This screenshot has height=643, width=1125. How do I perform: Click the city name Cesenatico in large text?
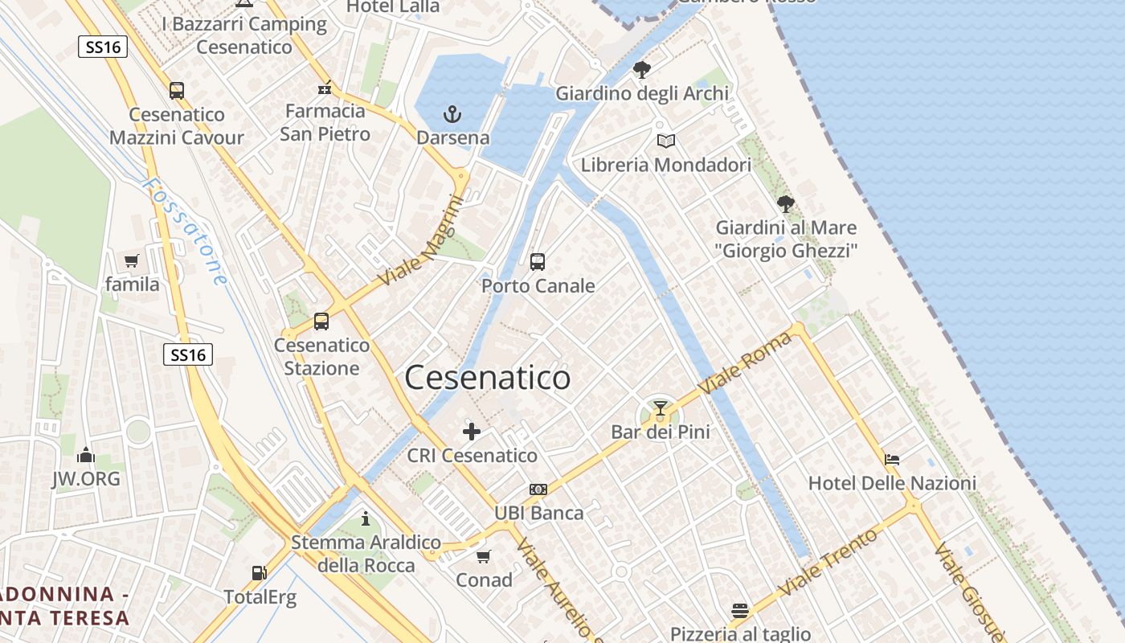click(488, 378)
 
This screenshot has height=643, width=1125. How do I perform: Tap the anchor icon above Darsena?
click(452, 114)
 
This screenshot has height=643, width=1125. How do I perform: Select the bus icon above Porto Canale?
click(538, 261)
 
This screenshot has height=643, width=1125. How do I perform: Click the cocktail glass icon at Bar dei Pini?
click(661, 408)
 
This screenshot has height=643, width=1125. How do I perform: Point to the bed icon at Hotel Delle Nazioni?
click(892, 460)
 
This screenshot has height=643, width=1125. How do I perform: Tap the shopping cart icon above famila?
click(132, 260)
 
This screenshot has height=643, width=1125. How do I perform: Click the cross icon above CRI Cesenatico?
click(472, 432)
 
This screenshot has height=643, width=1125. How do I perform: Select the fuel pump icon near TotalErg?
click(259, 573)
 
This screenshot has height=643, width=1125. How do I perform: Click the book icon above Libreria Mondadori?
click(665, 141)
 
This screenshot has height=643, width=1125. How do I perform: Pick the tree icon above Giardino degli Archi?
click(641, 70)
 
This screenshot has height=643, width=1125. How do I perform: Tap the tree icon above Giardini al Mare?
click(786, 204)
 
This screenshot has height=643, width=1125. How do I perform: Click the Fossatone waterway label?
click(185, 231)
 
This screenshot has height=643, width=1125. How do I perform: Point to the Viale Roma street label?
click(745, 362)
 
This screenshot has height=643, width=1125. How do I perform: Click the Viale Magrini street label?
click(423, 240)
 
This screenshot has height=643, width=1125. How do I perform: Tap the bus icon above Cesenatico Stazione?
click(321, 321)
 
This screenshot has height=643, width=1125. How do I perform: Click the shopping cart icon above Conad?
click(484, 556)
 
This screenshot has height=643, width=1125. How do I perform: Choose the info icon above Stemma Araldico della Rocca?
click(366, 518)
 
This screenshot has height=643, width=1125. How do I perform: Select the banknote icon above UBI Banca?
click(538, 489)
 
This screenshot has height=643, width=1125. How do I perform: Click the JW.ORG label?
click(86, 479)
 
